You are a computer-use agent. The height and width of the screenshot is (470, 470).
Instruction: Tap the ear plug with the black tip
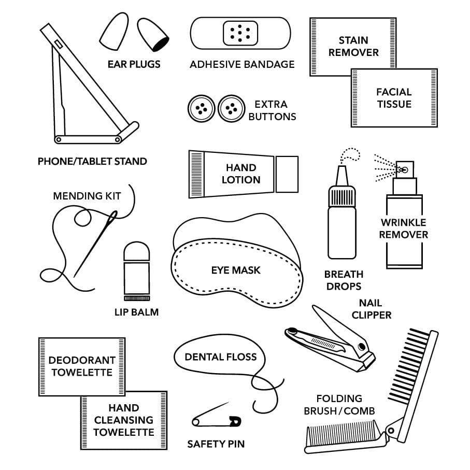(153, 35)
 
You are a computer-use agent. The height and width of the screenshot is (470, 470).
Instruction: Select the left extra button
(202, 108)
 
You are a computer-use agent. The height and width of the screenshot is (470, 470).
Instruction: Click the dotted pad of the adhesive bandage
(240, 33)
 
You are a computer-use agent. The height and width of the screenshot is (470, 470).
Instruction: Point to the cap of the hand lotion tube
(287, 174)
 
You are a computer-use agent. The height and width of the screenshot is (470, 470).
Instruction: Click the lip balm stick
(137, 271)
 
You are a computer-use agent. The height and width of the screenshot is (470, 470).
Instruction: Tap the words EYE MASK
(236, 270)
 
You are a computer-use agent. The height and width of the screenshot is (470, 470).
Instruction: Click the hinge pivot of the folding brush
(391, 431)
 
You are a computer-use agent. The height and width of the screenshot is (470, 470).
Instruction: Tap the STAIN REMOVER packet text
(353, 46)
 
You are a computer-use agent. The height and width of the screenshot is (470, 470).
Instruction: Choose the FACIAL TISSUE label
(394, 98)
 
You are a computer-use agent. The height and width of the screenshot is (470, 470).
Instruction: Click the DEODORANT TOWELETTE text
(82, 366)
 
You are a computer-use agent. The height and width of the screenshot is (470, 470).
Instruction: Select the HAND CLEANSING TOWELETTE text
(123, 420)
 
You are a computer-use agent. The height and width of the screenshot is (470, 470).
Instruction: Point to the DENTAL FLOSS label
(221, 357)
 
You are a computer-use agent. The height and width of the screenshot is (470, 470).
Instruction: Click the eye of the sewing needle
(113, 217)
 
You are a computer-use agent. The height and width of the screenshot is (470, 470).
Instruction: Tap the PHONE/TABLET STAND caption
(92, 161)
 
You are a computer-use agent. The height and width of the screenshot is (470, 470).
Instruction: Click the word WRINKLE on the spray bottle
(404, 222)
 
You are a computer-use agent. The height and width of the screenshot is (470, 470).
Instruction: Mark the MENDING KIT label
(87, 196)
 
